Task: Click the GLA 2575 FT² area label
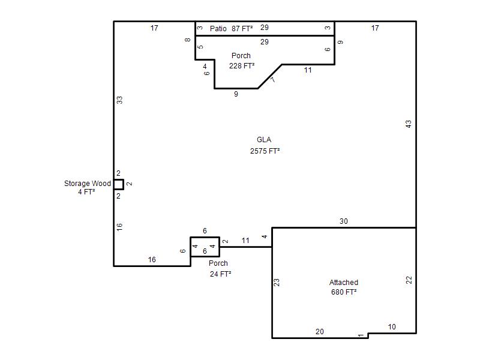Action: point(265,145)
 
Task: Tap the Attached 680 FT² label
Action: point(344,287)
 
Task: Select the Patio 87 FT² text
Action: point(232,28)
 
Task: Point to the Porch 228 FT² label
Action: point(242,61)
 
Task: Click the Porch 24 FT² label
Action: point(220,268)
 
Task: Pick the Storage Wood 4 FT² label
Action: point(87,187)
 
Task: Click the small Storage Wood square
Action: point(119,185)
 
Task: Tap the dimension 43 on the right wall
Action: point(409,124)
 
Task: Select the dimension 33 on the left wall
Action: point(119,100)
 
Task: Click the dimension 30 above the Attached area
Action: point(343,221)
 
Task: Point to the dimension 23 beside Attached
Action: point(277,282)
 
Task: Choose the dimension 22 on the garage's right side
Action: point(409,280)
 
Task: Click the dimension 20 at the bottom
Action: point(320,332)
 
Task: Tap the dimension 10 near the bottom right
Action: point(392,326)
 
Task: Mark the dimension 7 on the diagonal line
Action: point(273,80)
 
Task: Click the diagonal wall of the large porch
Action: point(269,77)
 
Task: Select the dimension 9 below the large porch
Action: point(236,94)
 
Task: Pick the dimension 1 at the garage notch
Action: point(361,335)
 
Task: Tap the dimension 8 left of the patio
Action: point(188,40)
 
